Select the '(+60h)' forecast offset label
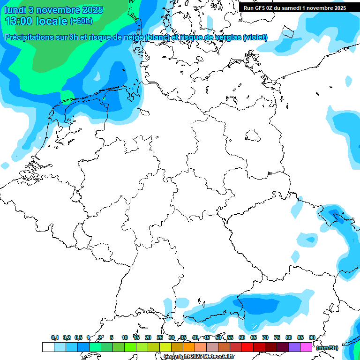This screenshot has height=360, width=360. pos(81,21)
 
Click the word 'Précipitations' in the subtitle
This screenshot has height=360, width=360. pos(29,37)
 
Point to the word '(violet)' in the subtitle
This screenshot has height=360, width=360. pos(255,37)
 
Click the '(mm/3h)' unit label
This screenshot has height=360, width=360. pos(327,348)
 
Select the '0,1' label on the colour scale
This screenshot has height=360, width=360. pos(54,337)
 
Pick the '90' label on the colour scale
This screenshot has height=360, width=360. pos(312,337)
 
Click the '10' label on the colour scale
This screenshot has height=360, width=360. pos(125,337)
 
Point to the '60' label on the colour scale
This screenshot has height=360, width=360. pos(242,337)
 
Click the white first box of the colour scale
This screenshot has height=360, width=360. pos(48,347)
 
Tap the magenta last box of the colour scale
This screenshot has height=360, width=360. pos(306,347)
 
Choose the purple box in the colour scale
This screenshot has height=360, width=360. pos(294,347)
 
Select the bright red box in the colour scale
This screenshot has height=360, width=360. pos(247,347)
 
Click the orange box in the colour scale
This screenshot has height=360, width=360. pos(189,347)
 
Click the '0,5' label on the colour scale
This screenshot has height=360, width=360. pos(78,337)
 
